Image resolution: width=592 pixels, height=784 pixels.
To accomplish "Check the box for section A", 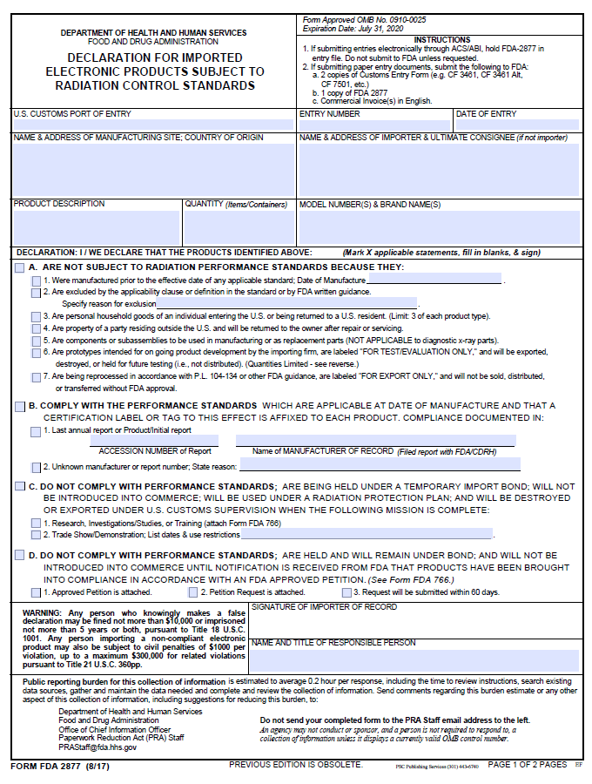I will pyautogui.click(x=19, y=267).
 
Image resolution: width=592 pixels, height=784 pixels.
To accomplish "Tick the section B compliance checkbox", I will pyautogui.click(x=19, y=406).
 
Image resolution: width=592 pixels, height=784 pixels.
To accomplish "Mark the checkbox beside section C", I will pyautogui.click(x=19, y=486).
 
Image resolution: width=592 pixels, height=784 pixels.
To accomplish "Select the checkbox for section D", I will pyautogui.click(x=19, y=555).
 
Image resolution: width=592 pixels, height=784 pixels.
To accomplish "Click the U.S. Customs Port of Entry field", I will pyautogui.click(x=153, y=125).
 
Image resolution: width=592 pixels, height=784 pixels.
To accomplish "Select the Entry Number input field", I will pyautogui.click(x=374, y=125).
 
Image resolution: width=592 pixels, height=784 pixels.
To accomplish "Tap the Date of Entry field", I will pyautogui.click(x=517, y=125).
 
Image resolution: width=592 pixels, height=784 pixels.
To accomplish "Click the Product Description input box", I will pyautogui.click(x=96, y=227).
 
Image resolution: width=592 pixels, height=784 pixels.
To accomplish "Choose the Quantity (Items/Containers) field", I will pyautogui.click(x=239, y=227).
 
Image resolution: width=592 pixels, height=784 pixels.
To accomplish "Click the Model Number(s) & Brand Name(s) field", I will pyautogui.click(x=439, y=227).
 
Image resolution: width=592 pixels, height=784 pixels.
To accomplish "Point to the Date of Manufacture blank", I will pyautogui.click(x=434, y=280).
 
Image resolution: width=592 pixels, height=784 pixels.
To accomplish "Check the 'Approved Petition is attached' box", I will pyautogui.click(x=36, y=592).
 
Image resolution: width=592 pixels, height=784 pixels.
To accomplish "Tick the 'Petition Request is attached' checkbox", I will pyautogui.click(x=193, y=592).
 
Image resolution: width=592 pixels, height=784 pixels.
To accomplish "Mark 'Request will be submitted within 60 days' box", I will pyautogui.click(x=346, y=592).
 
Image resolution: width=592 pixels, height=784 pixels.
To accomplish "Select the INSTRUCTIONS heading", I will pyautogui.click(x=442, y=40).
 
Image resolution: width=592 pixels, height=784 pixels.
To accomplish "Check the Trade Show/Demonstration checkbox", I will pyautogui.click(x=36, y=534).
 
